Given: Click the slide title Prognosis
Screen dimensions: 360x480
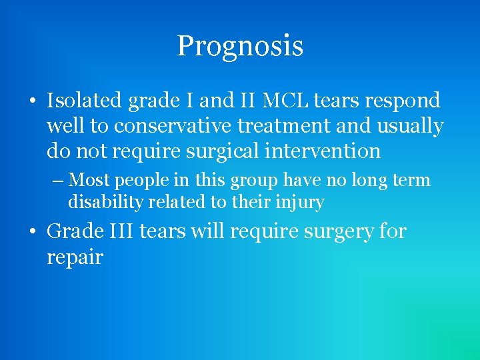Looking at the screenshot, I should coord(240,46).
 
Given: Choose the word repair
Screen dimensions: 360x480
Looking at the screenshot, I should coord(75,258).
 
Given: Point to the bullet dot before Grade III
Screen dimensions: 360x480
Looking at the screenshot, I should coord(33,233).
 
